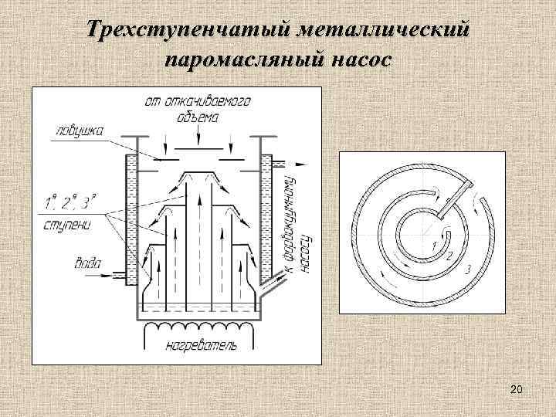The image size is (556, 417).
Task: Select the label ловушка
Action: pyautogui.click(x=74, y=131)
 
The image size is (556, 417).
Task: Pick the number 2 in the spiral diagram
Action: pyautogui.click(x=450, y=254)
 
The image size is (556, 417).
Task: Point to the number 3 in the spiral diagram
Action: pyautogui.click(x=468, y=268)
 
